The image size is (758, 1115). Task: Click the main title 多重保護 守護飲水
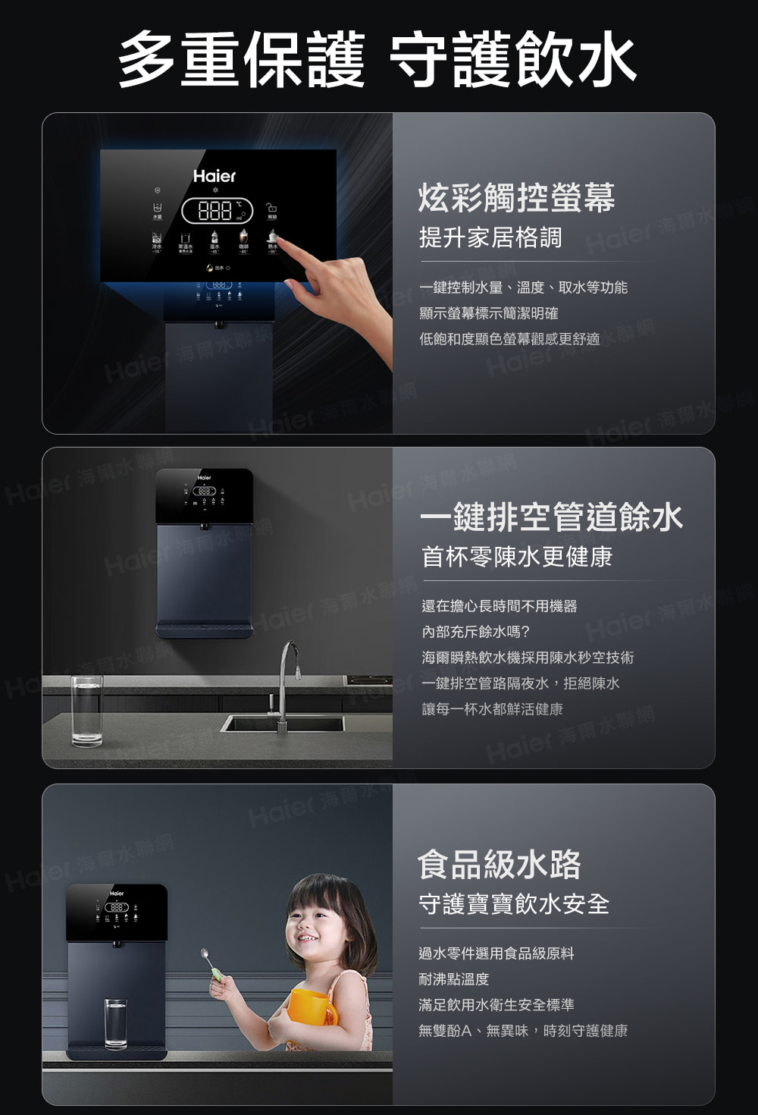[x=377, y=60]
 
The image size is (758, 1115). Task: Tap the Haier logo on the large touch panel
[x=215, y=176]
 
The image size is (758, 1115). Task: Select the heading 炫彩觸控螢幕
[x=516, y=198]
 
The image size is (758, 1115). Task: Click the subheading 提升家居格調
[x=490, y=237]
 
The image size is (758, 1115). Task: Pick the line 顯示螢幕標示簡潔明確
[x=489, y=313]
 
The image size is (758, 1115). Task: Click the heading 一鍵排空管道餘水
[x=552, y=517]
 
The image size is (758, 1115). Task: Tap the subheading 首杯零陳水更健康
[x=517, y=557]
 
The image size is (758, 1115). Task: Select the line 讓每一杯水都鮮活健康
[x=492, y=709]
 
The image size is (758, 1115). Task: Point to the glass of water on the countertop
[x=86, y=710]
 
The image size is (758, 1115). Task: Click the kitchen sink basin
[x=282, y=724]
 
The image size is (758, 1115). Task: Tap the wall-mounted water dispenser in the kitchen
[x=204, y=554]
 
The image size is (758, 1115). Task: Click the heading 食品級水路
[x=500, y=864]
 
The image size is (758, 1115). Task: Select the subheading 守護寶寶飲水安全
[x=514, y=903]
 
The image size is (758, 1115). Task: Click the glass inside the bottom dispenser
[x=116, y=1024]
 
